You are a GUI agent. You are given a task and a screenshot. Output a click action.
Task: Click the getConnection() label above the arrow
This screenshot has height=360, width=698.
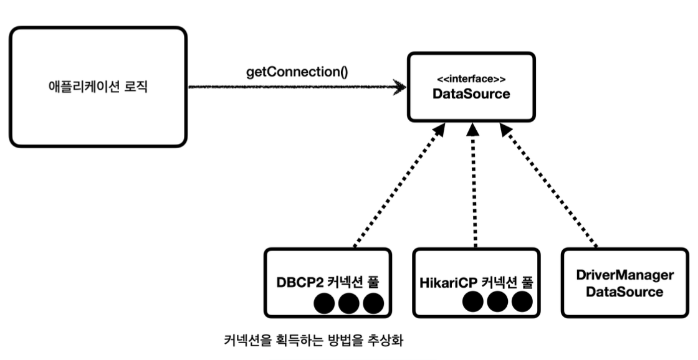tap(297, 72)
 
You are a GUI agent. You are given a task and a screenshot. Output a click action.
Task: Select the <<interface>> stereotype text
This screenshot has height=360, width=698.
tap(471, 80)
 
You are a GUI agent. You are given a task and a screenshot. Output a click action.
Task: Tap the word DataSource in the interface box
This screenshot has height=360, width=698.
tap(471, 94)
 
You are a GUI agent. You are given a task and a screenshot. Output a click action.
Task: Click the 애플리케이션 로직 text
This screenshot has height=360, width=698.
tap(98, 87)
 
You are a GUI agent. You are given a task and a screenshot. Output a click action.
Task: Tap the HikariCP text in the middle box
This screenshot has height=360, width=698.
tap(449, 283)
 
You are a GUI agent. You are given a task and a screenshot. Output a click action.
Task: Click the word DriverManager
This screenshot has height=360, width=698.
tap(624, 275)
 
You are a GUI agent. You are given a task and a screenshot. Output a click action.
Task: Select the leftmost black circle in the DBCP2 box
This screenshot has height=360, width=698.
tap(324, 303)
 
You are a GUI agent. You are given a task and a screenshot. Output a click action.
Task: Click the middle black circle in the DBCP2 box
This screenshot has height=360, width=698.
tap(348, 303)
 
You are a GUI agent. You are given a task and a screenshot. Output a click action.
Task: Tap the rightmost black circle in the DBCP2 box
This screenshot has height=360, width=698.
tap(373, 303)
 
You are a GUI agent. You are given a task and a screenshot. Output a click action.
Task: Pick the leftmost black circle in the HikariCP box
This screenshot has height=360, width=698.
tap(473, 301)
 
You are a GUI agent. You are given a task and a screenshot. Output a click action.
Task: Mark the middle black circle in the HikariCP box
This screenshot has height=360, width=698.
tap(497, 301)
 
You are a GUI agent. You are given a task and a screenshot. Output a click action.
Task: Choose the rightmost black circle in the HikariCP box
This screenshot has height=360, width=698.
tap(522, 301)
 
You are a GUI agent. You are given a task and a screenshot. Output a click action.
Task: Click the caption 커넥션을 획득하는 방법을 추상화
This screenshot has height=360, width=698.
tap(313, 341)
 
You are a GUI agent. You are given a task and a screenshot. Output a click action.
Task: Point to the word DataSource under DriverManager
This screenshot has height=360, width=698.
tap(624, 292)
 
